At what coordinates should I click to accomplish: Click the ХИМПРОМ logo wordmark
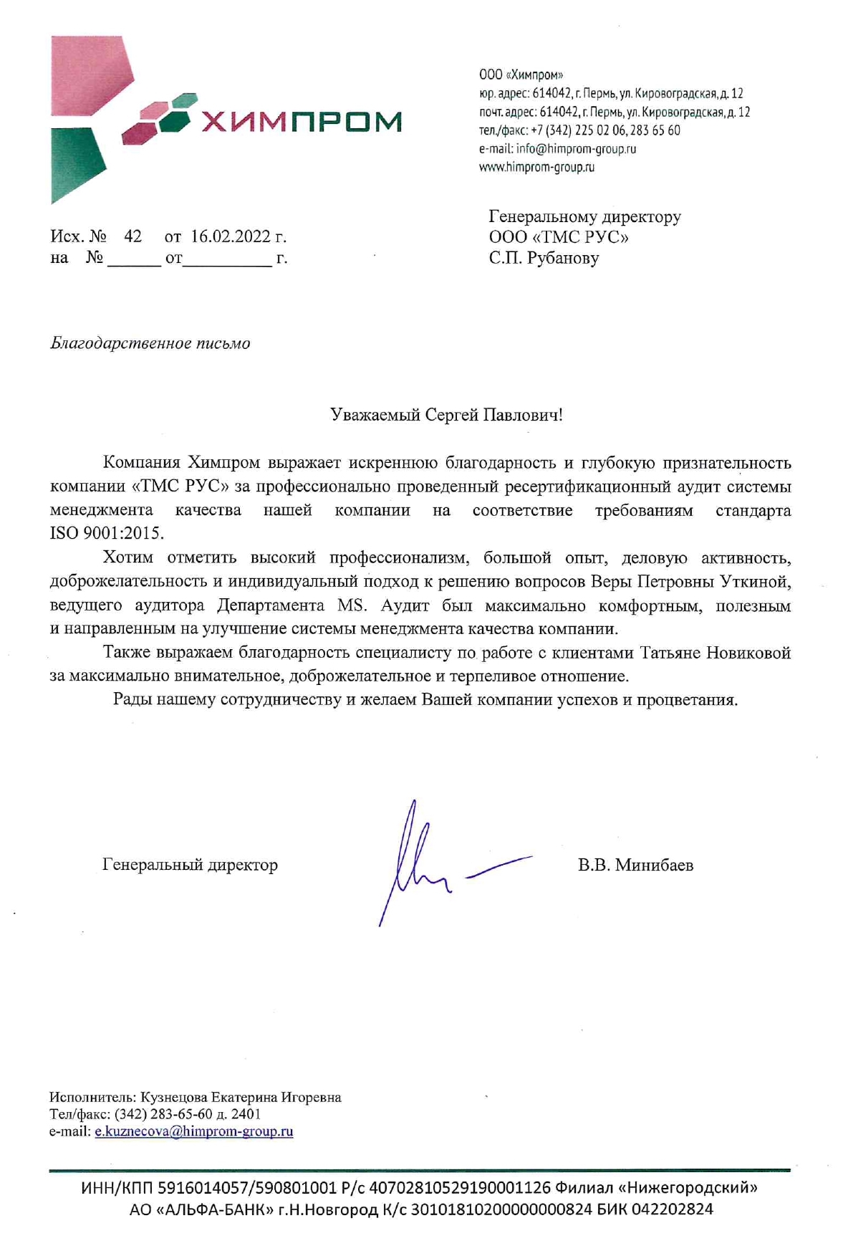[301, 122]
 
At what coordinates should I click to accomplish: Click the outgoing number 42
[133, 236]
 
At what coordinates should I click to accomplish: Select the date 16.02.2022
[231, 236]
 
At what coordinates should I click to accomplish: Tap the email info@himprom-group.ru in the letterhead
[576, 149]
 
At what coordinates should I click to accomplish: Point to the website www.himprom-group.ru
[536, 168]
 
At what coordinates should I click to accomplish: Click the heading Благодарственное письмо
[150, 343]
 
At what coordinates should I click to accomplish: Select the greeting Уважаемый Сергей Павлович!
[446, 415]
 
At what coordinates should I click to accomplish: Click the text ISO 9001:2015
[107, 534]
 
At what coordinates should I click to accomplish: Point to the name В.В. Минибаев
[635, 866]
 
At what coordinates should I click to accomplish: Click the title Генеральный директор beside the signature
[190, 865]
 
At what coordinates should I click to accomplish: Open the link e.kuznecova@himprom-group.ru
[194, 1131]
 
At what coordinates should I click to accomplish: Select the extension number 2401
[246, 1114]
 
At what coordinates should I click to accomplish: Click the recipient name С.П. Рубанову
[544, 258]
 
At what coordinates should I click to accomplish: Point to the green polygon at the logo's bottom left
[75, 165]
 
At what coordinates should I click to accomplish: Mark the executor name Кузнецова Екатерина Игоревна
[241, 1097]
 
